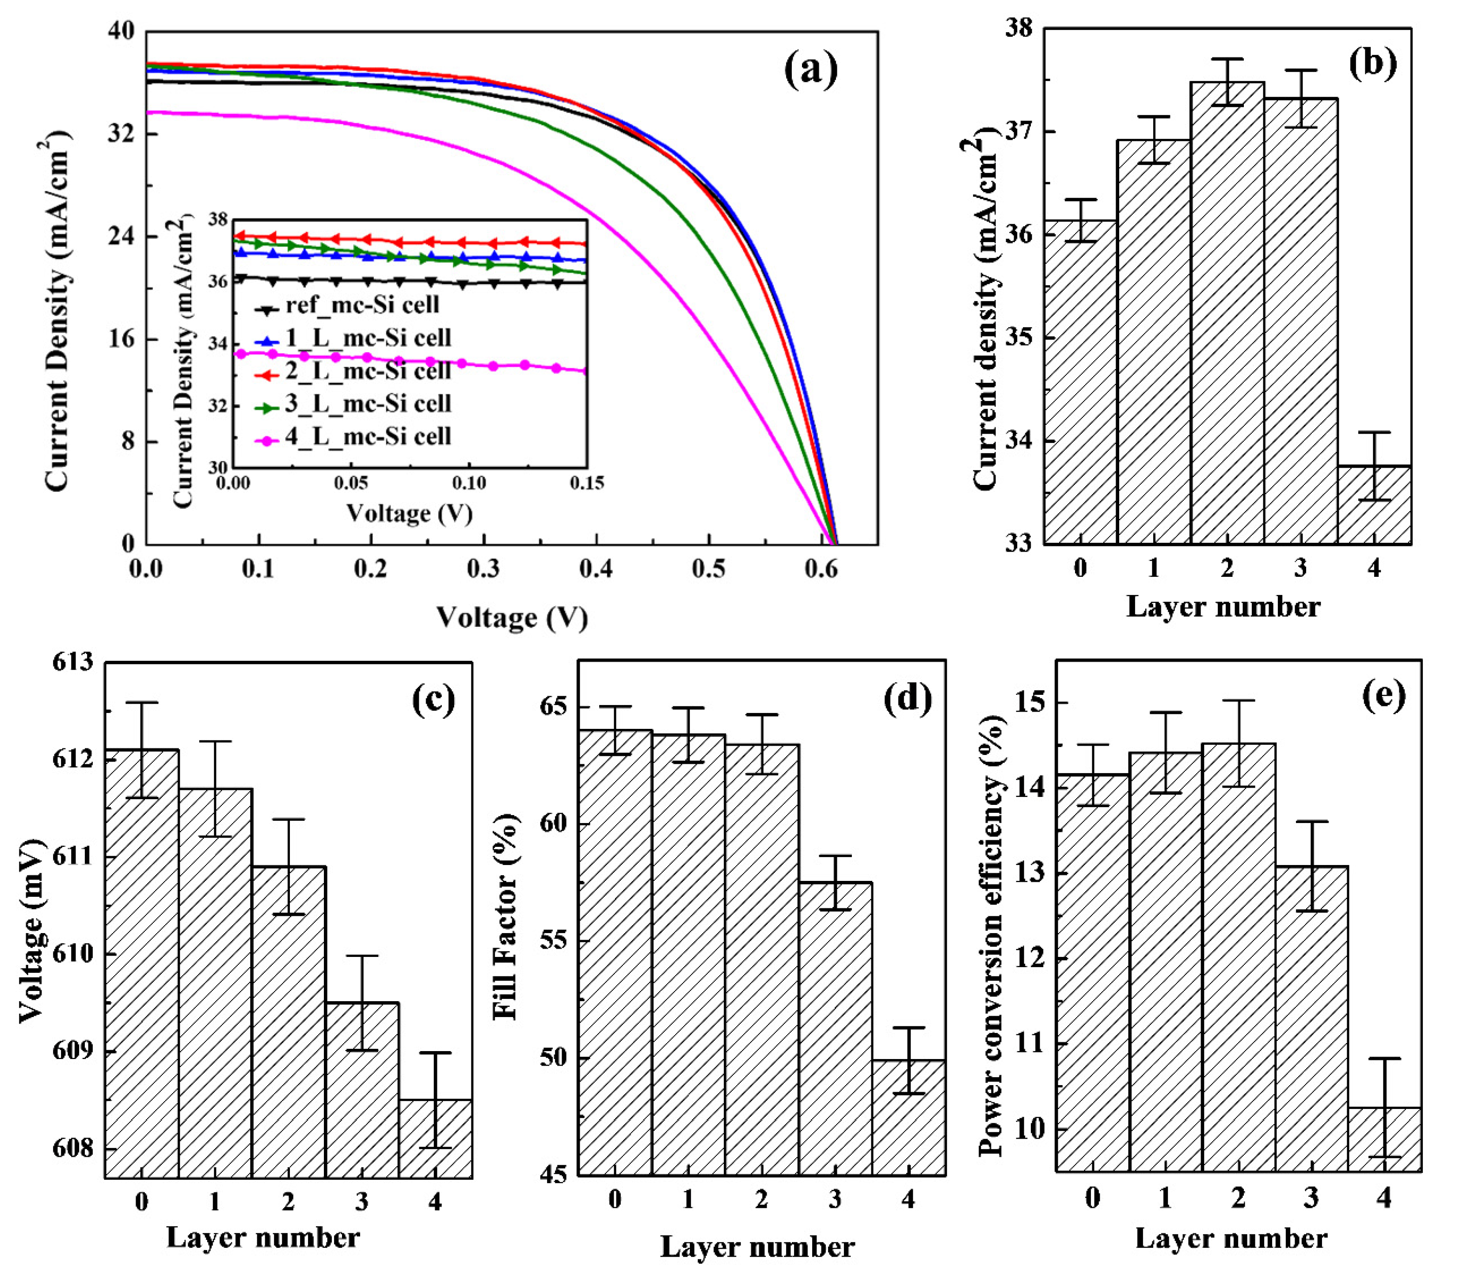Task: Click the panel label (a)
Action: click(810, 71)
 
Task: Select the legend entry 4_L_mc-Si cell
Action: click(367, 437)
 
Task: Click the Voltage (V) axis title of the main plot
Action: click(512, 617)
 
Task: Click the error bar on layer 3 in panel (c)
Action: click(362, 1003)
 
